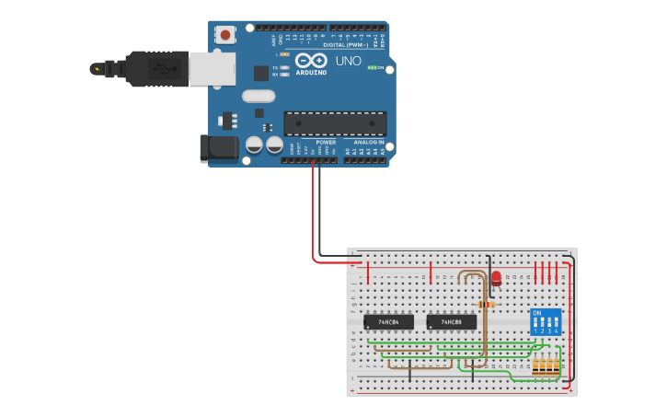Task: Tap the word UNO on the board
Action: pos(348,61)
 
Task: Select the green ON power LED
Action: pos(372,67)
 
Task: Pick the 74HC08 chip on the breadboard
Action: pos(451,322)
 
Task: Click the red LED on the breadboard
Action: pos(496,278)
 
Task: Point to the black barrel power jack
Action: pos(216,147)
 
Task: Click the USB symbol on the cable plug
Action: pos(97,68)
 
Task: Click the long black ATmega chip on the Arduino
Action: pos(335,123)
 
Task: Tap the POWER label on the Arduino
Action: pos(326,143)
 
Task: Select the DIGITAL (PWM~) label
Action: pos(345,44)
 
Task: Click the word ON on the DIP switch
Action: pos(537,312)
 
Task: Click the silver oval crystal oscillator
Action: pos(259,96)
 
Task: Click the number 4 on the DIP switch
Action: pos(557,330)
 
